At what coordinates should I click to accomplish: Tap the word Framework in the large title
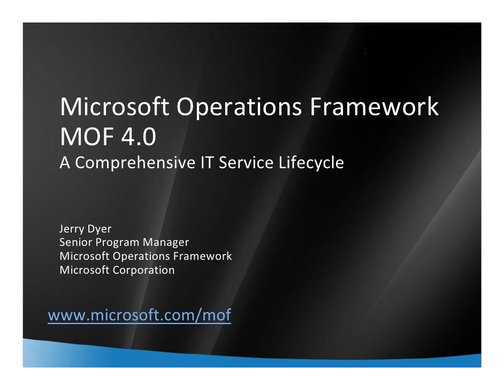click(x=374, y=108)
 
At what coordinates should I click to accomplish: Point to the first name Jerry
click(x=72, y=230)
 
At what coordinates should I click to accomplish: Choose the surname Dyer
click(x=99, y=230)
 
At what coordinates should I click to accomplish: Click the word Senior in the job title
click(x=75, y=243)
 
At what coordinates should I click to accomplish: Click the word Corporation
click(x=143, y=270)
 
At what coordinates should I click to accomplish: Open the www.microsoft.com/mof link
click(x=140, y=316)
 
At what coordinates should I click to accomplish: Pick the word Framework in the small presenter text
click(x=206, y=257)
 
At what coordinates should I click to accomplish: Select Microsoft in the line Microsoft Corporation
click(x=85, y=270)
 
